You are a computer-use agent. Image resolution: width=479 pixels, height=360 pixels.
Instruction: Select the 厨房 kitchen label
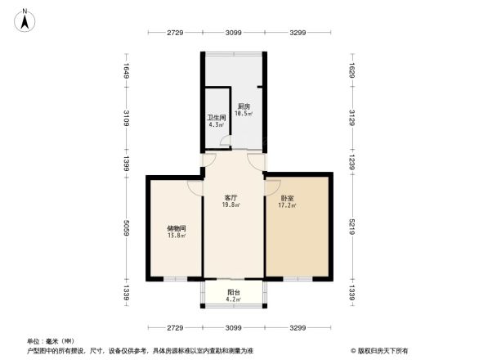[244, 106]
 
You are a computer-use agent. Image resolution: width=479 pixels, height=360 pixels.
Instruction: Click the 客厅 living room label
[231, 198]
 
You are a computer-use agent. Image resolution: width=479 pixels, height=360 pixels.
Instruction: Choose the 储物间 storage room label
[176, 228]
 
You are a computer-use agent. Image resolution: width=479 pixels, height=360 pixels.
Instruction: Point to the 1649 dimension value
[127, 71]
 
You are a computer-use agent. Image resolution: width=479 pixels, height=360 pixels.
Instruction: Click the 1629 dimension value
[352, 71]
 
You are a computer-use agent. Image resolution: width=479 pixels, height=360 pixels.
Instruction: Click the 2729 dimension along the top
[175, 33]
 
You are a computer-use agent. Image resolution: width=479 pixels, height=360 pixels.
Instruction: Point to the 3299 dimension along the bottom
[298, 327]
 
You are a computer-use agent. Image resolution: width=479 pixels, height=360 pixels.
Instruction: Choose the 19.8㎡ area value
[231, 206]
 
